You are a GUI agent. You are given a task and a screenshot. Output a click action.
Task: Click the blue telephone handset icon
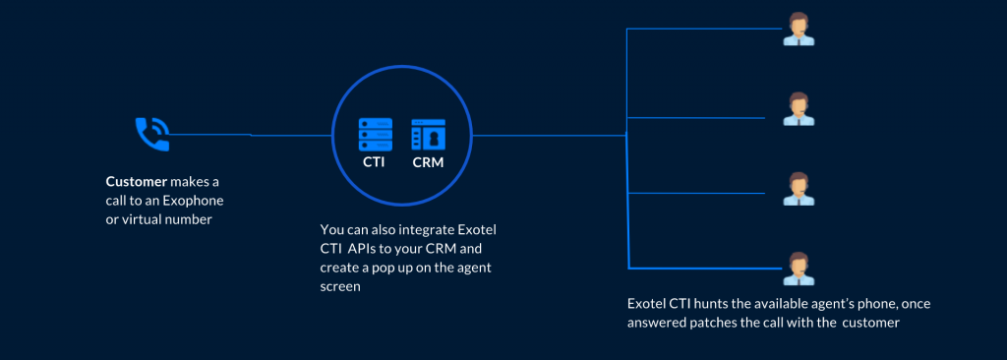coord(152,135)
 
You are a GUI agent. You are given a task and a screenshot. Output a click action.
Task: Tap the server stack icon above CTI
coord(375,135)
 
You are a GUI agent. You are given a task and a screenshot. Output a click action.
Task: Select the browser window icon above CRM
coord(429,135)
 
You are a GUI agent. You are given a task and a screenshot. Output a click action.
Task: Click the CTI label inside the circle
coord(374,162)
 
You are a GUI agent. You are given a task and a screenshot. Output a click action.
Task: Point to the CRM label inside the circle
coord(428,162)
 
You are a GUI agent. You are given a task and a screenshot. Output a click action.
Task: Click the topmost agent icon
coord(799,29)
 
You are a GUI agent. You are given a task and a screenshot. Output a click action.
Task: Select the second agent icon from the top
coord(799,108)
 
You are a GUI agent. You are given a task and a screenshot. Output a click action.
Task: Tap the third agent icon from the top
coord(799,189)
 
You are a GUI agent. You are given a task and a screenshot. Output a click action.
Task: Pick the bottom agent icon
coord(799,269)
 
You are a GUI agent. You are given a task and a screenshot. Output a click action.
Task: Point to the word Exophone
coord(194,201)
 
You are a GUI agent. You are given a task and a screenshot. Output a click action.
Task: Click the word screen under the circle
coord(339,286)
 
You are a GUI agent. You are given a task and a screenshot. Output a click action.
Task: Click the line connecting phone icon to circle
coord(251,135)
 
